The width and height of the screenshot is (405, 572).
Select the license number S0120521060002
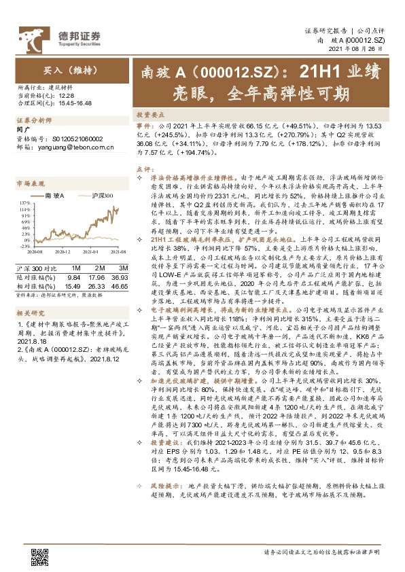[73, 138]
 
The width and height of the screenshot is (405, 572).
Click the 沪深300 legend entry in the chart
[99, 196]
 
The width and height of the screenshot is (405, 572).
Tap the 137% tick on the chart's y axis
[24, 203]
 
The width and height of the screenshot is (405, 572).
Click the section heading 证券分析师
[33, 120]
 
